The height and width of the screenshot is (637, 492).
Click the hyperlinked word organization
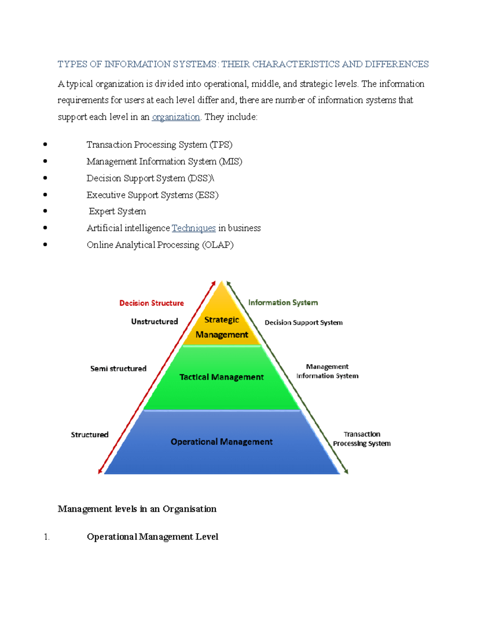pyautogui.click(x=175, y=117)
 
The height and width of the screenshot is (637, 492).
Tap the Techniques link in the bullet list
pyautogui.click(x=194, y=228)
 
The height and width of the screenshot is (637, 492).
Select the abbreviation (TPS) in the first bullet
pyautogui.click(x=221, y=145)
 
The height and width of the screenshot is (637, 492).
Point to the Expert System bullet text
pyautogui.click(x=117, y=211)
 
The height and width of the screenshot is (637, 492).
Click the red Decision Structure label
pyautogui.click(x=151, y=303)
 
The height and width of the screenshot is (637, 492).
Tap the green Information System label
pyautogui.click(x=283, y=303)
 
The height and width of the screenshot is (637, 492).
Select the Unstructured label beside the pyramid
pyautogui.click(x=155, y=322)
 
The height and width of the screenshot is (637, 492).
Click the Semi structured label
pyautogui.click(x=118, y=369)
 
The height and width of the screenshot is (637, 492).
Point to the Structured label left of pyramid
pyautogui.click(x=89, y=435)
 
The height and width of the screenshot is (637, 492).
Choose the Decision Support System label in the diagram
pyautogui.click(x=303, y=323)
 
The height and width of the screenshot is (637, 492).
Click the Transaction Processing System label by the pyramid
pyautogui.click(x=362, y=439)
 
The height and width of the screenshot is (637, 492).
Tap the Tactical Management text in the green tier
pyautogui.click(x=221, y=377)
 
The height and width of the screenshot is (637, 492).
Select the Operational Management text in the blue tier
pyautogui.click(x=221, y=442)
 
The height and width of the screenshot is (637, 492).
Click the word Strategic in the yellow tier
pyautogui.click(x=221, y=320)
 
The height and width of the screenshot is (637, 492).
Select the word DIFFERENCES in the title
pyautogui.click(x=396, y=64)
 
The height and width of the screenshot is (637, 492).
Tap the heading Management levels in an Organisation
pyautogui.click(x=137, y=509)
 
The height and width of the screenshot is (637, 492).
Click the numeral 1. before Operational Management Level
pyautogui.click(x=46, y=537)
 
